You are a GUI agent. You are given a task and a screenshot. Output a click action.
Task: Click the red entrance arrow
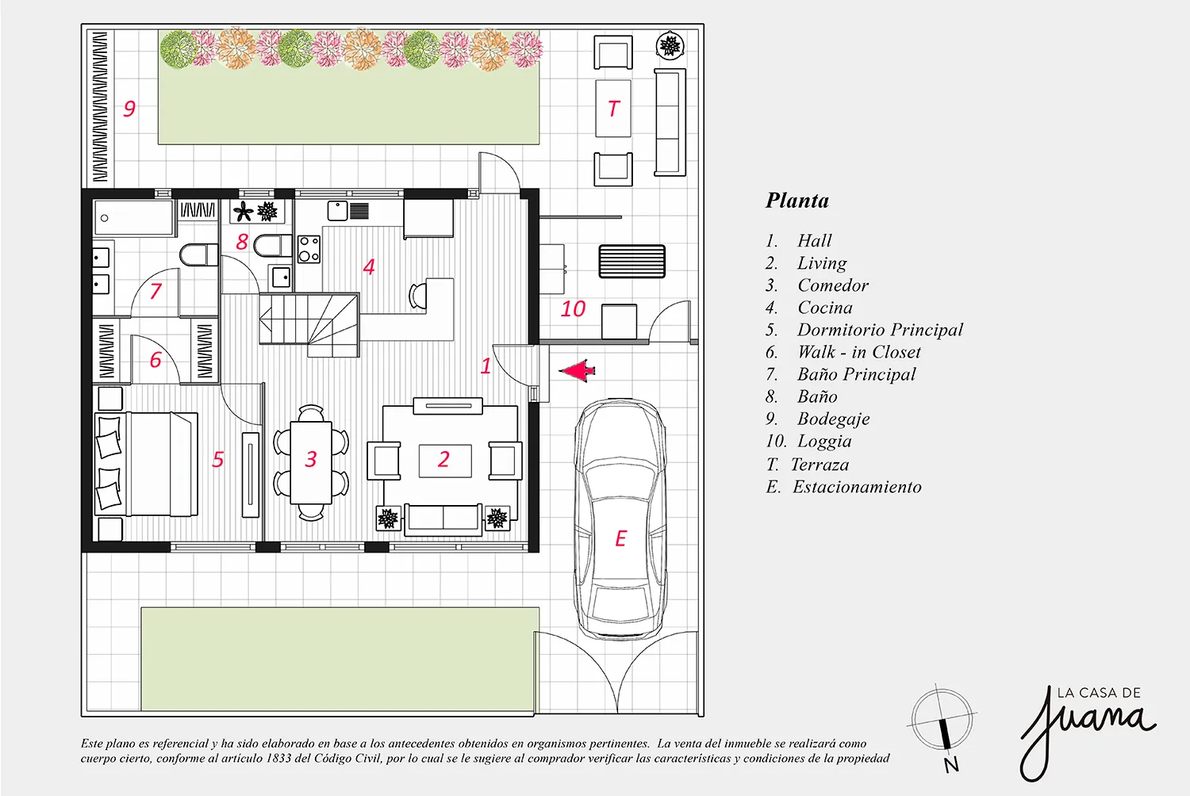pyautogui.click(x=577, y=371)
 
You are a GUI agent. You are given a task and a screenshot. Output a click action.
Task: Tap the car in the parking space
pyautogui.click(x=620, y=519)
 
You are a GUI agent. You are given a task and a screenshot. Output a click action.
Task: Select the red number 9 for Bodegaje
pyautogui.click(x=129, y=109)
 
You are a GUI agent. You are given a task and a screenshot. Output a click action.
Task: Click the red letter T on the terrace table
pyautogui.click(x=613, y=109)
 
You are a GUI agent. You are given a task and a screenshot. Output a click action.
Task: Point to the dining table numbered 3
pyautogui.click(x=311, y=462)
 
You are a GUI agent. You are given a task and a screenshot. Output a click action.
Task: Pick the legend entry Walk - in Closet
pyautogui.click(x=859, y=352)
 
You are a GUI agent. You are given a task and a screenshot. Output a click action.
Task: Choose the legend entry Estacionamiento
pyautogui.click(x=857, y=487)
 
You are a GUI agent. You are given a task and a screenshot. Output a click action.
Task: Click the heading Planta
pyautogui.click(x=797, y=201)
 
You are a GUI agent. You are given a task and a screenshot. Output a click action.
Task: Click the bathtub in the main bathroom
pyautogui.click(x=134, y=218)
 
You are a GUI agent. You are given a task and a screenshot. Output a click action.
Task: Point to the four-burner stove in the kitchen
pyautogui.click(x=309, y=250)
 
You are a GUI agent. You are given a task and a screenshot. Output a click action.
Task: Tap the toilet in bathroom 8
pyautogui.click(x=273, y=246)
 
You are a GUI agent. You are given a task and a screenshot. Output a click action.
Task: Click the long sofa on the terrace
pyautogui.click(x=670, y=122)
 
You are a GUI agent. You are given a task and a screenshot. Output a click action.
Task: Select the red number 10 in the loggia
pyautogui.click(x=573, y=309)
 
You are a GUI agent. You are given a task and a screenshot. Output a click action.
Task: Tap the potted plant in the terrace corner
pyautogui.click(x=670, y=46)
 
